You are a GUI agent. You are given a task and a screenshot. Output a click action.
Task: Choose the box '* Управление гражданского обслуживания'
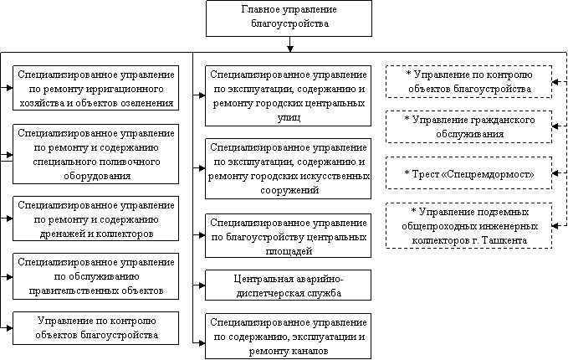[x=468, y=126]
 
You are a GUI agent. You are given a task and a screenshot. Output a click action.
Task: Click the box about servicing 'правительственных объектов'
[x=95, y=275]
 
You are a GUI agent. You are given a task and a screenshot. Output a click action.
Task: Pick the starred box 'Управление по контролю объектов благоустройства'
[x=468, y=81]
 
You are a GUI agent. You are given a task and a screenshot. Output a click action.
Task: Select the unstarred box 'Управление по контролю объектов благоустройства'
[x=95, y=328]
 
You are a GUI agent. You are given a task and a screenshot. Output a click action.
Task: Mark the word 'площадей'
[x=289, y=249]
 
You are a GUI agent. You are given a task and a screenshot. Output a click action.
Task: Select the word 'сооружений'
[x=289, y=190]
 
